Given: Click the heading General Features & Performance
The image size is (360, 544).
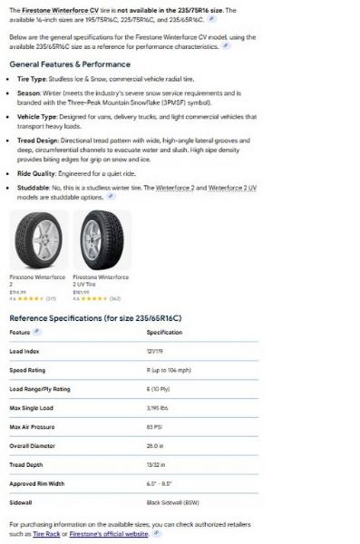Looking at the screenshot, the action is (69, 64).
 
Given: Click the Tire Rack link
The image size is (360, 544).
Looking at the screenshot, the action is (46, 534).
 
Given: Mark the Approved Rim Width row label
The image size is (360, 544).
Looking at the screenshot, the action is (36, 483).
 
